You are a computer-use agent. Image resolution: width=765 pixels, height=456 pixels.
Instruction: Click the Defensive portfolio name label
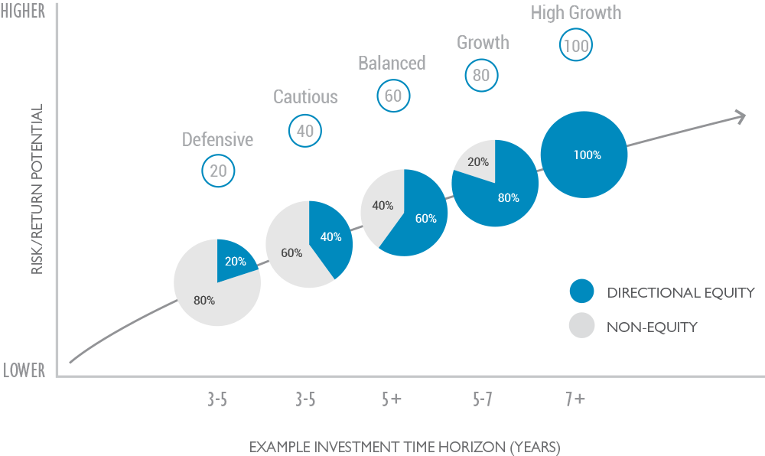[x=217, y=139]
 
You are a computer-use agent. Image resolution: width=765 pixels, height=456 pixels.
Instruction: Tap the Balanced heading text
[x=392, y=63]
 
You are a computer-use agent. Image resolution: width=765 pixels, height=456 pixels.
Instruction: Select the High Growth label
[x=575, y=13]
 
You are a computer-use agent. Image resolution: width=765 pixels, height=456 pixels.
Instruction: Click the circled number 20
[x=218, y=171]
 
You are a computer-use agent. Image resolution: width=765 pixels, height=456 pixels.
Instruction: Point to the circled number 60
[x=393, y=96]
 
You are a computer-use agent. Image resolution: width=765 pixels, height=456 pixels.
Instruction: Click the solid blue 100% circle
[x=584, y=155]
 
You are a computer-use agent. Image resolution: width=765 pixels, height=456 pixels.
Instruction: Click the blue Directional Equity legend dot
[x=581, y=292]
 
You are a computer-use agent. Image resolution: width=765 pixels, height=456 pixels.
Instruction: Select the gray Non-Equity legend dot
[x=581, y=327]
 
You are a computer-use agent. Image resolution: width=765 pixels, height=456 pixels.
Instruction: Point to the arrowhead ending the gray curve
[x=741, y=116]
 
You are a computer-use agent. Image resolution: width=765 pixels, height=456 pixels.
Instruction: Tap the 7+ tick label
[x=575, y=399]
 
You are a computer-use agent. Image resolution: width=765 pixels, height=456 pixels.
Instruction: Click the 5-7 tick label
[x=482, y=399]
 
